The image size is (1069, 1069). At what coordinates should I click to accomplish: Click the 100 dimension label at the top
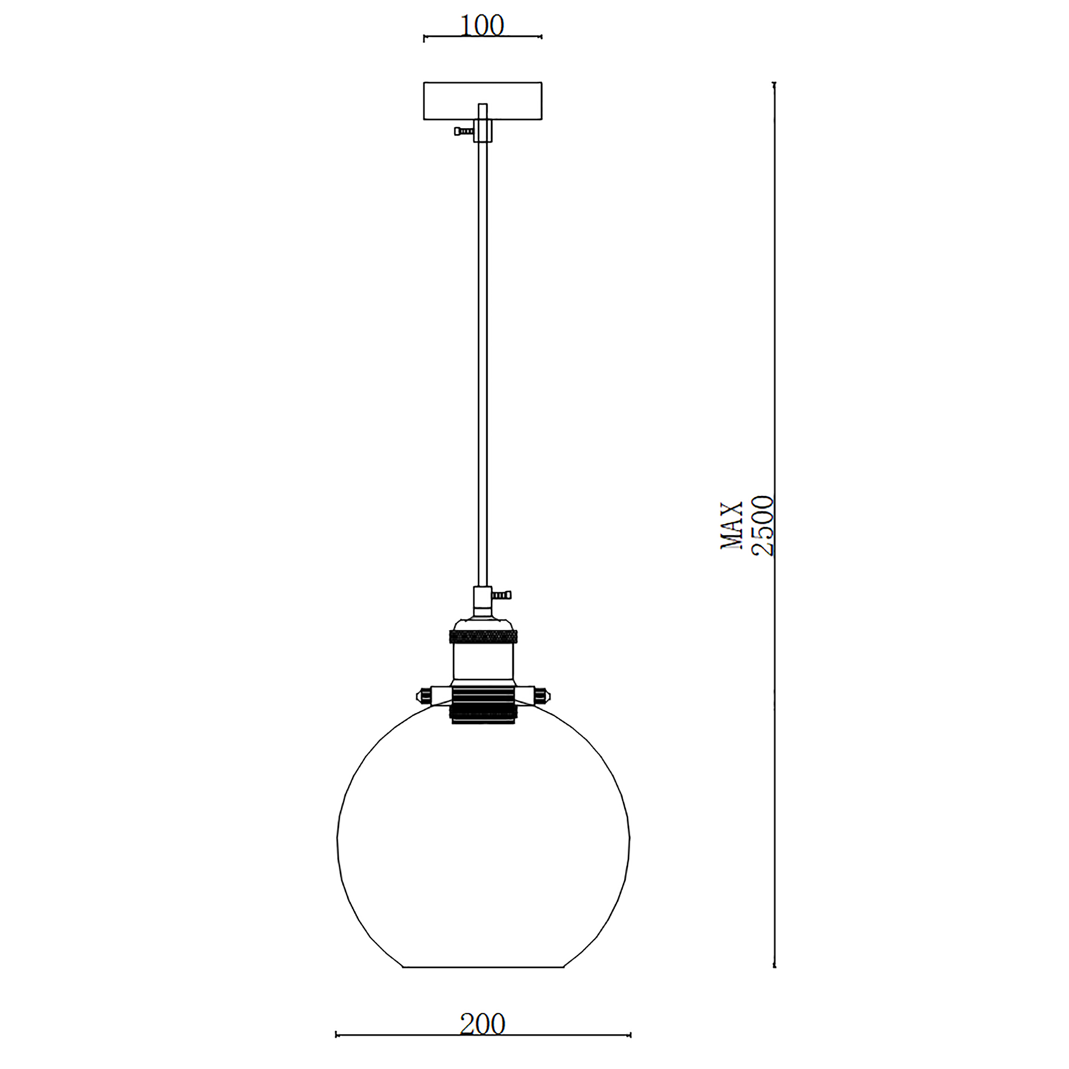coord(482,26)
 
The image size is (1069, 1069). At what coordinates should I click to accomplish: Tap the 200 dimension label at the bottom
coord(483,1024)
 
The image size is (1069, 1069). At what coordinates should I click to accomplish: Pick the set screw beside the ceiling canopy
coord(463,131)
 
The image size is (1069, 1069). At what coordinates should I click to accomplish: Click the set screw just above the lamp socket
coord(502,595)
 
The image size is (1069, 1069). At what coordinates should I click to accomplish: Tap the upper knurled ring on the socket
coord(483,636)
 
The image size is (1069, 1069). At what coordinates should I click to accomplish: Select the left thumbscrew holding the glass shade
coord(424,694)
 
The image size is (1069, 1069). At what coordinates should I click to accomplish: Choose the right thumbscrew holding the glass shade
coord(541,694)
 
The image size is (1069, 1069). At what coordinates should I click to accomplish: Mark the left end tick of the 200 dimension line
coord(336,1035)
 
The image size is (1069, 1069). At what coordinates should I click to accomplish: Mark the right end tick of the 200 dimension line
coord(630,1035)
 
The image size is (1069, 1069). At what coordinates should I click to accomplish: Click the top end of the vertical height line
coord(774,83)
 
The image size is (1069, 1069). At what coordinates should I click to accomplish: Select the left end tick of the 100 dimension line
coord(424,37)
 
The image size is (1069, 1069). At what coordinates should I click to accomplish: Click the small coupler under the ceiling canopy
coord(483,130)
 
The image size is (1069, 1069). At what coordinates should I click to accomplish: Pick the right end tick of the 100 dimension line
coord(541,37)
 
